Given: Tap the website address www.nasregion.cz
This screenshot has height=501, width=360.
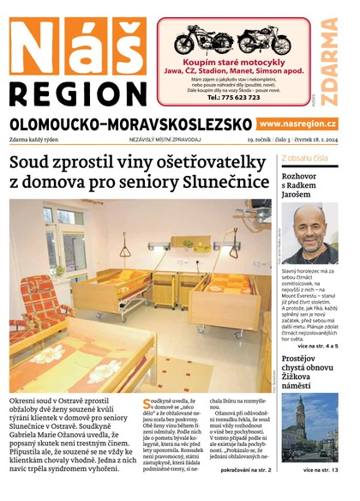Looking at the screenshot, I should (297, 124).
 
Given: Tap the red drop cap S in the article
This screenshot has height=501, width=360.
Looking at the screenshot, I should (146, 404).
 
